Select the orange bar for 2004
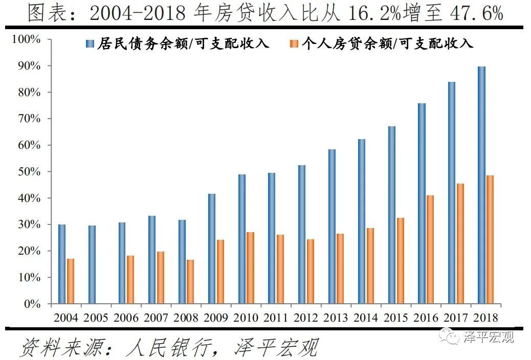click(x=71, y=281)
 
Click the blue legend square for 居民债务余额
click(x=90, y=44)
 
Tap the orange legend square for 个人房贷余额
click(x=293, y=44)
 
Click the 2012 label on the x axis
click(x=306, y=318)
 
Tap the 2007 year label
click(x=156, y=318)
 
